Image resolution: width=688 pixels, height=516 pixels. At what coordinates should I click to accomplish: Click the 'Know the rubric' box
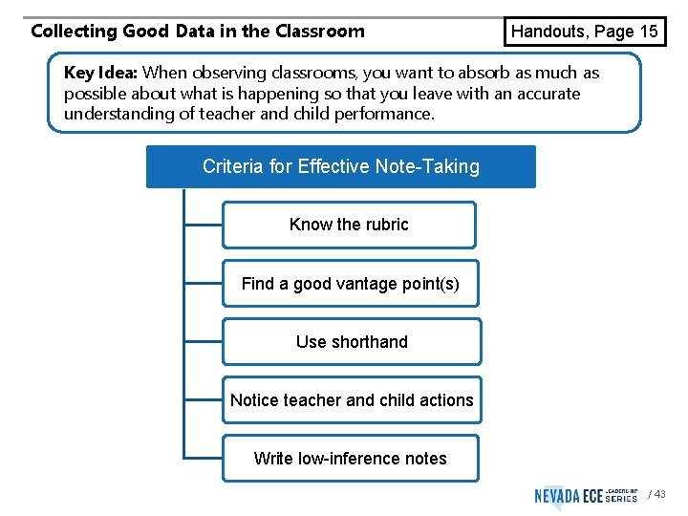coord(349,226)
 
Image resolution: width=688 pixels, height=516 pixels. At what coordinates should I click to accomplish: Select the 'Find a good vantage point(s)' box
coord(350,284)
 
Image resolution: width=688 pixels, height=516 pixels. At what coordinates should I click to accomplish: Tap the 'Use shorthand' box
coord(352,342)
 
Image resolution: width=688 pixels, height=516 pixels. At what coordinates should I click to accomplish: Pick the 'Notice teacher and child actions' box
coord(352,400)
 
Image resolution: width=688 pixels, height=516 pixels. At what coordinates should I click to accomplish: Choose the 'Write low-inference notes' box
coord(350,459)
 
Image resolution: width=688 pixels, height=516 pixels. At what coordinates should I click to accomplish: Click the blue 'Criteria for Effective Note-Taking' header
coord(340,167)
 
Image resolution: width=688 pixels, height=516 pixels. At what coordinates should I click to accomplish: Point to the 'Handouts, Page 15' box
coord(585,32)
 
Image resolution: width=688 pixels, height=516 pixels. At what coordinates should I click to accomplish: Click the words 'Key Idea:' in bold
coord(100,73)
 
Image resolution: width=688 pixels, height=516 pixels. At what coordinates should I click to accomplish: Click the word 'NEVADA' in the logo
coord(556,495)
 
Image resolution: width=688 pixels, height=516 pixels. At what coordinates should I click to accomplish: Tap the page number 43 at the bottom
coord(660,494)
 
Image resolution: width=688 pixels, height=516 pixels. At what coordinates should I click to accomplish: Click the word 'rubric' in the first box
coord(386,226)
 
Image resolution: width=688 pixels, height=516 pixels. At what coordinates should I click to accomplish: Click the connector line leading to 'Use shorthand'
coord(203,342)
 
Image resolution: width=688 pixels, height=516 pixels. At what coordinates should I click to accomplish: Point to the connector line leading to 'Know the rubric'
coord(203,226)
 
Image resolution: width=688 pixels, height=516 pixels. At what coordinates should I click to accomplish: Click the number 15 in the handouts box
coord(648,32)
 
